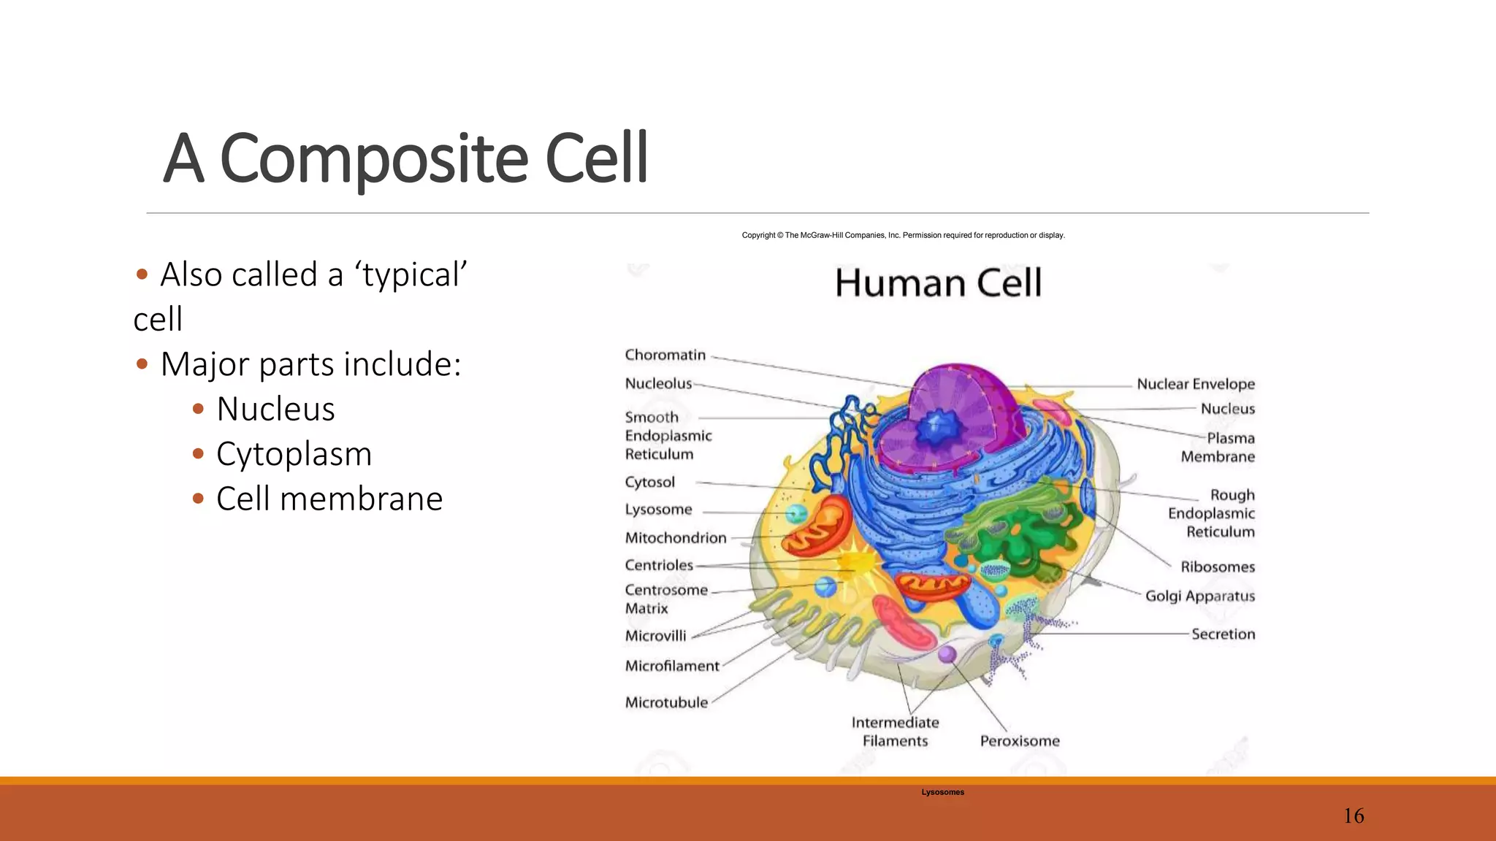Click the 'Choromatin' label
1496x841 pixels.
click(665, 355)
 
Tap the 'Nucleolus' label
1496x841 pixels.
click(658, 383)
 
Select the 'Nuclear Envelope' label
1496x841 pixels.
click(1195, 384)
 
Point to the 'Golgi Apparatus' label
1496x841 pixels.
click(1199, 596)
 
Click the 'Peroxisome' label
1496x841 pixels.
click(1019, 741)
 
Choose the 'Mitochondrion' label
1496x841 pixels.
click(676, 538)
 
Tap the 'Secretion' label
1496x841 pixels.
click(1223, 634)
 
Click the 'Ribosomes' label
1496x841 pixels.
click(1217, 567)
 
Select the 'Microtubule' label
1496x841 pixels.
click(666, 702)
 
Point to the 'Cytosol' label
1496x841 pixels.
click(649, 482)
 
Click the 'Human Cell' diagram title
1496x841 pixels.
click(938, 283)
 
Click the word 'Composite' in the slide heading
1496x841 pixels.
click(373, 158)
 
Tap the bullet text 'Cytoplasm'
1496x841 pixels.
click(294, 454)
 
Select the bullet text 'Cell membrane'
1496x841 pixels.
click(329, 499)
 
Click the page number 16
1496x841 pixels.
click(1353, 815)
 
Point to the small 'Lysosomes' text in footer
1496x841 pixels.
click(942, 792)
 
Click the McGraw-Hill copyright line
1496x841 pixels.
click(903, 235)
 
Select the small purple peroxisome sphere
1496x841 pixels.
click(947, 653)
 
